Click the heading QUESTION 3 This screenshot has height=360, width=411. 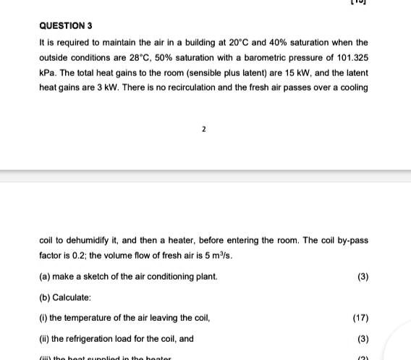point(66,25)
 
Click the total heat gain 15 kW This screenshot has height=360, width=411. point(284,73)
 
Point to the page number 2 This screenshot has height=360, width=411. point(203,130)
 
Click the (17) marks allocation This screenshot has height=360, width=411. point(360,318)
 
